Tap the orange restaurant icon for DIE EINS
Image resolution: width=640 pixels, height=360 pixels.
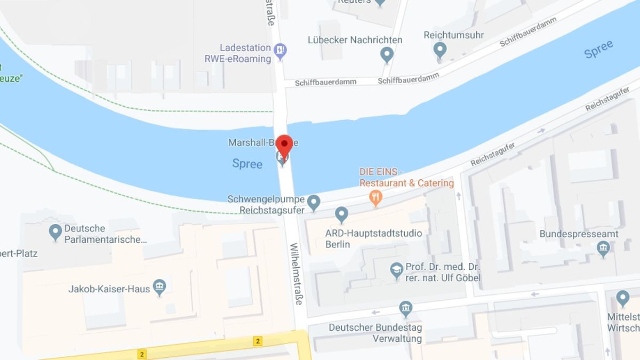(x=376, y=199)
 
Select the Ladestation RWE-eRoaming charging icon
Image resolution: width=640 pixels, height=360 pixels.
(x=280, y=51)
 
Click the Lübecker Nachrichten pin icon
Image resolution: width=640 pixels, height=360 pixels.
(x=387, y=54)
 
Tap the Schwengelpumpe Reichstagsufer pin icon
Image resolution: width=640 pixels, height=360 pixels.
(x=314, y=202)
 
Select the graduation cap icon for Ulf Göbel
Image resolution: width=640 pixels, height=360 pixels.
(x=396, y=271)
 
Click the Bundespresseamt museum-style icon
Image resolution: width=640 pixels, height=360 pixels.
(x=603, y=249)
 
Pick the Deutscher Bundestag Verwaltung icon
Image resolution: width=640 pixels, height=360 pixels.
(x=406, y=309)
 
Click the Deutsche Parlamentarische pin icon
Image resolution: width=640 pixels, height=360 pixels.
(x=55, y=232)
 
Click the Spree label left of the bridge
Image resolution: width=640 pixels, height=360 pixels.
(x=247, y=164)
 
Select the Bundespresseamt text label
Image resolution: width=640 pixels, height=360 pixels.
(x=579, y=234)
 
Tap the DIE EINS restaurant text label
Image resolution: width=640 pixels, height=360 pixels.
(x=406, y=178)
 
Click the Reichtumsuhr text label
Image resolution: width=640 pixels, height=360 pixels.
(x=453, y=35)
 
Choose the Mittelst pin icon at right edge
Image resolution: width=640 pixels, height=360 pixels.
(x=622, y=299)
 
